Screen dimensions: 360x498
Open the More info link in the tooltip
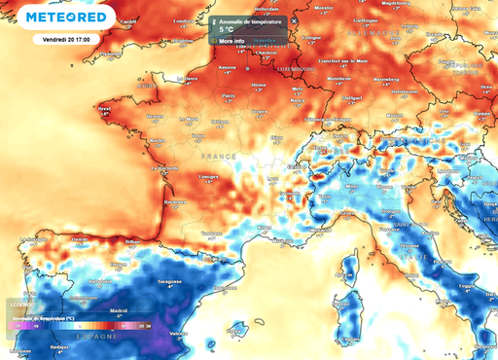[231, 41]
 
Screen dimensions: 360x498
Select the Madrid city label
[120, 311]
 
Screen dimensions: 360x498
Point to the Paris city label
[230, 96]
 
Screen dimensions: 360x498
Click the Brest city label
[106, 109]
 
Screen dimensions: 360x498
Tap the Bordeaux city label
[149, 200]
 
